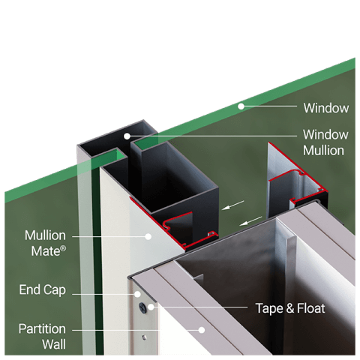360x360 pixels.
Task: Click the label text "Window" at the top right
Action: click(x=325, y=108)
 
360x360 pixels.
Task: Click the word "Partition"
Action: click(x=43, y=329)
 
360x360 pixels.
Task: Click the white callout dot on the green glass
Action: click(x=241, y=106)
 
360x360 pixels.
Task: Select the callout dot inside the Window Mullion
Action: click(x=127, y=136)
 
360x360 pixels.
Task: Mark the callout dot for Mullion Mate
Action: click(x=148, y=236)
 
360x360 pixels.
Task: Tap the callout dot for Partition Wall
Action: click(x=200, y=328)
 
